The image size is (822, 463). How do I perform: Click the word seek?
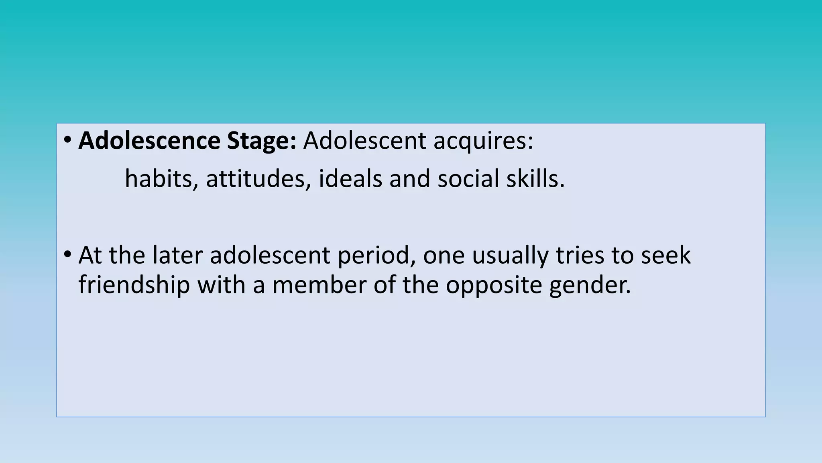666,255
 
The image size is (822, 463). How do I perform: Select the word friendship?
134,285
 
